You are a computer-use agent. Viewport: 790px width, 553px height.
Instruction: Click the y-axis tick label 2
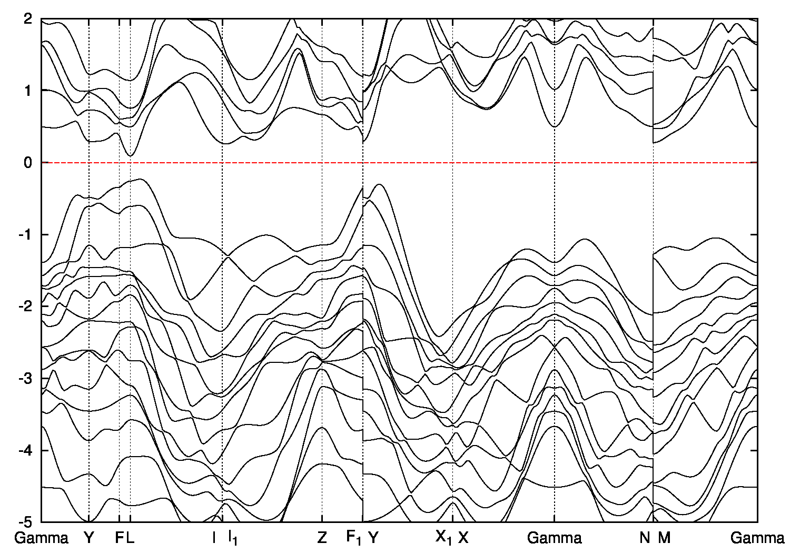(x=29, y=18)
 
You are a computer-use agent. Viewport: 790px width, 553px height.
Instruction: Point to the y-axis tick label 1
(x=29, y=91)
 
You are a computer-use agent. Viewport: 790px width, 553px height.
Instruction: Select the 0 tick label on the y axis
(x=29, y=163)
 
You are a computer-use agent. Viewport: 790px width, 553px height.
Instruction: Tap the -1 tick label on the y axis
(x=26, y=234)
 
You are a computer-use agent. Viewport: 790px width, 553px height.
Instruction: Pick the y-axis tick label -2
(x=26, y=307)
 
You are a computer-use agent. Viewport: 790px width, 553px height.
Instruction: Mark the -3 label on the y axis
(x=26, y=379)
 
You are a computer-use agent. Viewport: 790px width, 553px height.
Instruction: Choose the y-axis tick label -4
(x=26, y=450)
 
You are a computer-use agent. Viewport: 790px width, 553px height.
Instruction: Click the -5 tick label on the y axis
(x=26, y=522)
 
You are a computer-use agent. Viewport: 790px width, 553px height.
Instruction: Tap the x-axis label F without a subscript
(x=119, y=538)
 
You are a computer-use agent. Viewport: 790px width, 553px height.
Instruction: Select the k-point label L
(x=130, y=538)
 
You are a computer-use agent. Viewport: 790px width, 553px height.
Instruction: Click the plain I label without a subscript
(x=214, y=538)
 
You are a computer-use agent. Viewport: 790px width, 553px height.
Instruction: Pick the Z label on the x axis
(x=322, y=538)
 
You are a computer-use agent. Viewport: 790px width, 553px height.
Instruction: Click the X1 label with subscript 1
(x=443, y=538)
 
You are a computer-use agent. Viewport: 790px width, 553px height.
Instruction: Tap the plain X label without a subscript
(x=463, y=538)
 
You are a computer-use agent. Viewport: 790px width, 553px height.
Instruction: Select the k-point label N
(x=645, y=538)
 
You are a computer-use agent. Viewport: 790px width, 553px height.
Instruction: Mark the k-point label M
(x=664, y=538)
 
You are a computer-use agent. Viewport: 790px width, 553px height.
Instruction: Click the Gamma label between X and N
(x=554, y=538)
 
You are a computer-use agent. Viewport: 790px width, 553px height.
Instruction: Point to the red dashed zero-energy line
(x=474, y=163)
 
